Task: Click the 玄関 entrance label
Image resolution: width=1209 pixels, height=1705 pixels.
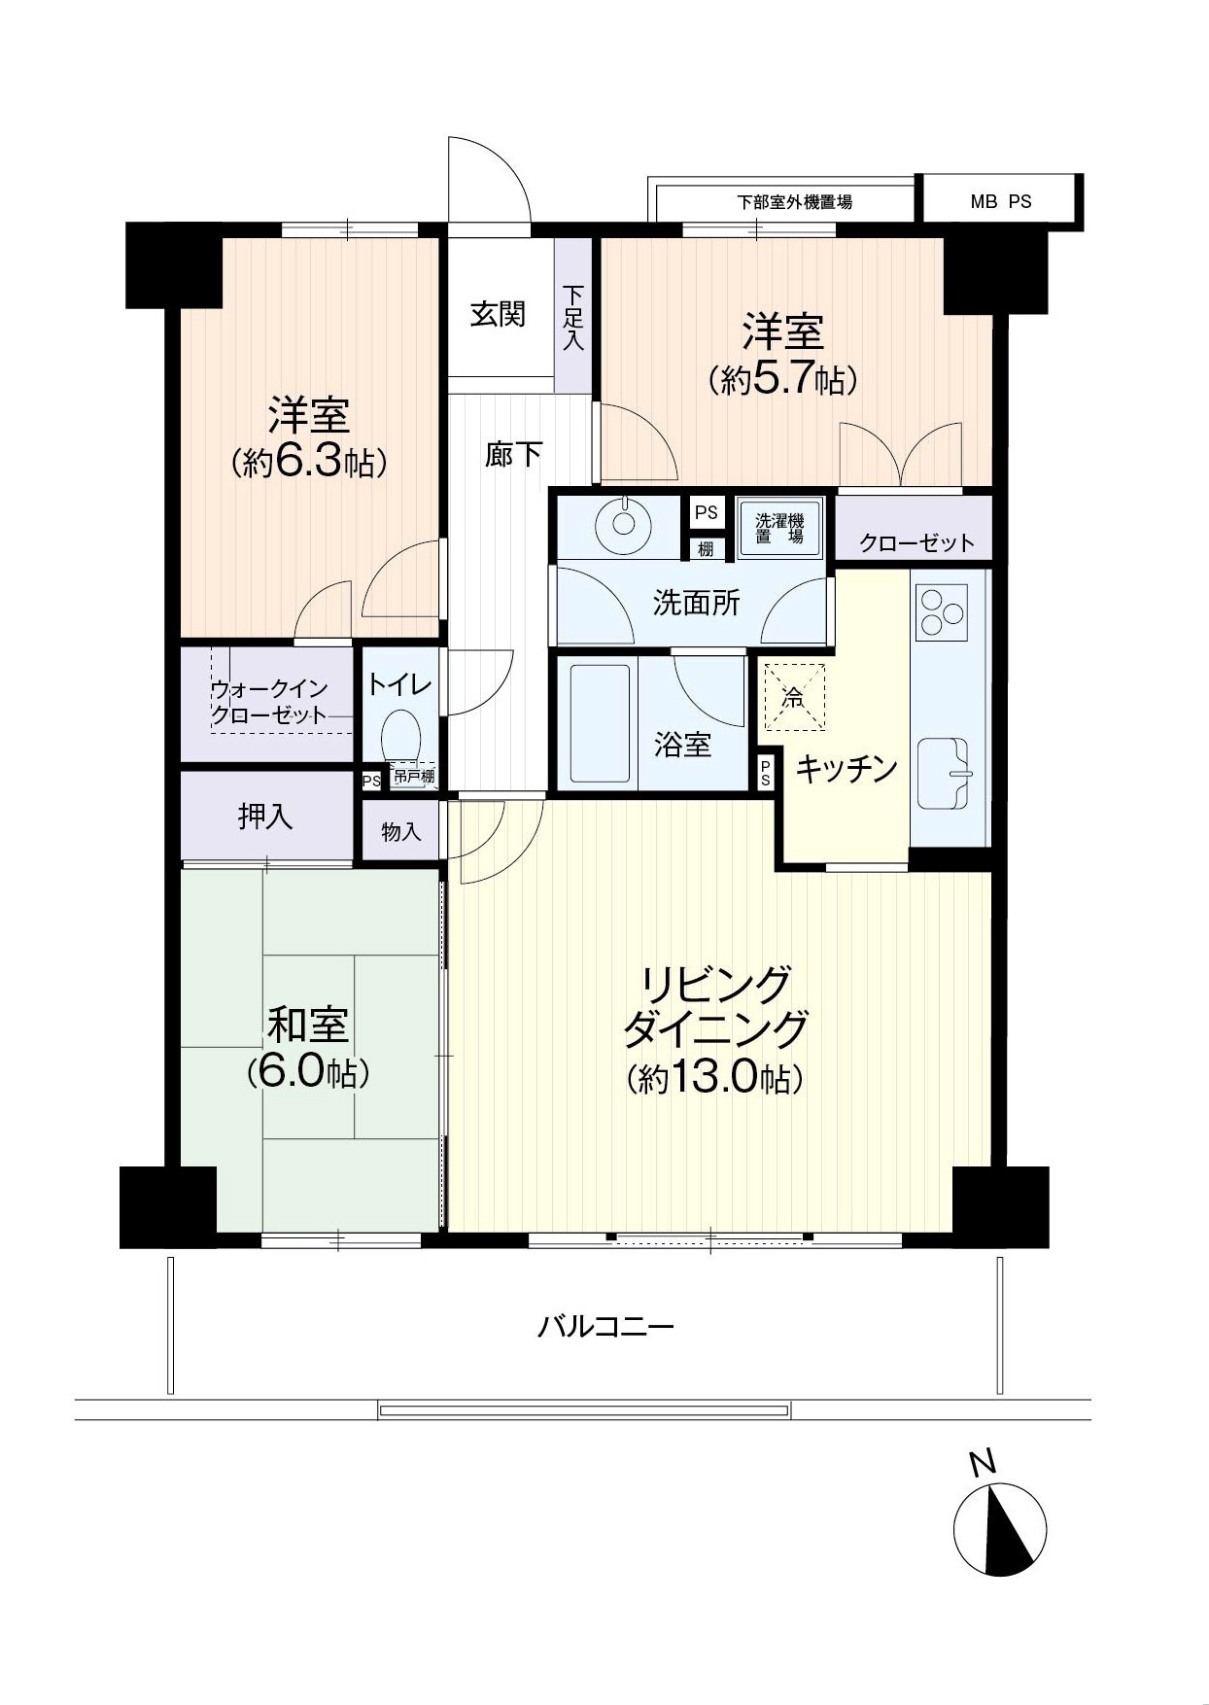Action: pyautogui.click(x=498, y=314)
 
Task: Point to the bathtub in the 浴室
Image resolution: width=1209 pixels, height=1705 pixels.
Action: pyautogui.click(x=603, y=723)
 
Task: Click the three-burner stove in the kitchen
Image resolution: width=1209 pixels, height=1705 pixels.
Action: pyautogui.click(x=941, y=613)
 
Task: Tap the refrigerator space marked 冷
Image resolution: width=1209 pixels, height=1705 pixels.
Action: pyautogui.click(x=794, y=696)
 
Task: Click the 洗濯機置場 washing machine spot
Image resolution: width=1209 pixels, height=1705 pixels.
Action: pyautogui.click(x=780, y=527)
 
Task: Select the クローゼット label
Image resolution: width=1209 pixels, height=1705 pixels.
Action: pyautogui.click(x=916, y=542)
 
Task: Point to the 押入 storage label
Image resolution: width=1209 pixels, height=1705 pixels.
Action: pyautogui.click(x=265, y=817)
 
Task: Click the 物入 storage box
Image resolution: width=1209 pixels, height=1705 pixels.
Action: pyautogui.click(x=400, y=831)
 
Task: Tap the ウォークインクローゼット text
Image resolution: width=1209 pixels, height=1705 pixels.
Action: pyautogui.click(x=268, y=702)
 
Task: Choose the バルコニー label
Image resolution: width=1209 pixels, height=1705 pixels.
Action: pyautogui.click(x=605, y=1326)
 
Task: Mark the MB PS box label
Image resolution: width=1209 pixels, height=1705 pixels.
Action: pyautogui.click(x=1001, y=202)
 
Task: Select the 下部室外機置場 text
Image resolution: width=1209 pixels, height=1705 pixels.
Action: pyautogui.click(x=794, y=202)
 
